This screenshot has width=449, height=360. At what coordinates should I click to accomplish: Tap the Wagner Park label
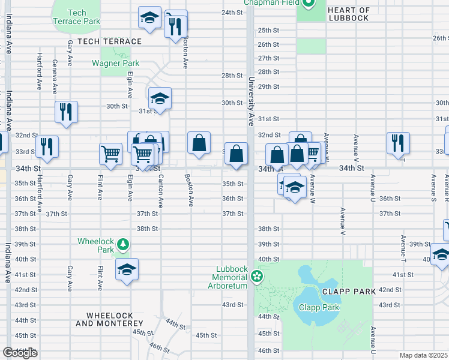115,63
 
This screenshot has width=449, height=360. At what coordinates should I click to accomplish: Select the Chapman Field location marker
309,4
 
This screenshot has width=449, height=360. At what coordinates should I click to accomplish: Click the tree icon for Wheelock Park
123,244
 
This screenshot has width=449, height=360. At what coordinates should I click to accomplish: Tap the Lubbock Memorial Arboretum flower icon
257,277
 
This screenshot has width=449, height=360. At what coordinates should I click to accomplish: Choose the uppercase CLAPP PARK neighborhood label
348,291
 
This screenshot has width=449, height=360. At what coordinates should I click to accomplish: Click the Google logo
20,352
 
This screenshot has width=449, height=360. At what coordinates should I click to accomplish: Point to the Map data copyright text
424,355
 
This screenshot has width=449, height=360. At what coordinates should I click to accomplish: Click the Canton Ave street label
160,191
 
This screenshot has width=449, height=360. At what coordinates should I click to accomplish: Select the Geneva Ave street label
55,77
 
